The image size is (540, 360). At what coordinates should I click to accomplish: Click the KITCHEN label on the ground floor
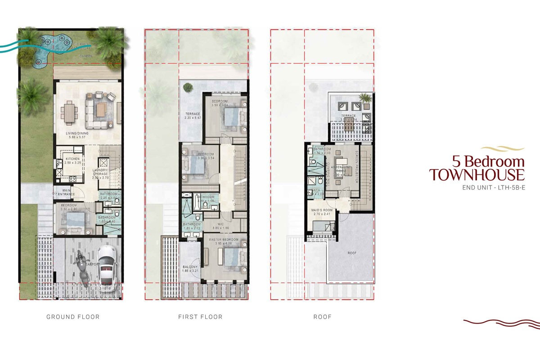(73, 159)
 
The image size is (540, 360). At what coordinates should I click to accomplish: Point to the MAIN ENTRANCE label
(66, 192)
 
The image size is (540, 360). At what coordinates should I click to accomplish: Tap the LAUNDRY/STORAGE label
(101, 172)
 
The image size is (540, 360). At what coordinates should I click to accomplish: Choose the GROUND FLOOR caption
(73, 317)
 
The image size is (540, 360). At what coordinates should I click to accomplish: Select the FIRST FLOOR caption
(200, 317)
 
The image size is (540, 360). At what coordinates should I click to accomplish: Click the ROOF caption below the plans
(322, 317)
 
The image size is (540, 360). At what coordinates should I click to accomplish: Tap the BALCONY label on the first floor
(189, 267)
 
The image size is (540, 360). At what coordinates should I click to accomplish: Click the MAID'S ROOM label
(321, 210)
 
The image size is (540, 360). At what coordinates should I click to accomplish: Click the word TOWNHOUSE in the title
(477, 174)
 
